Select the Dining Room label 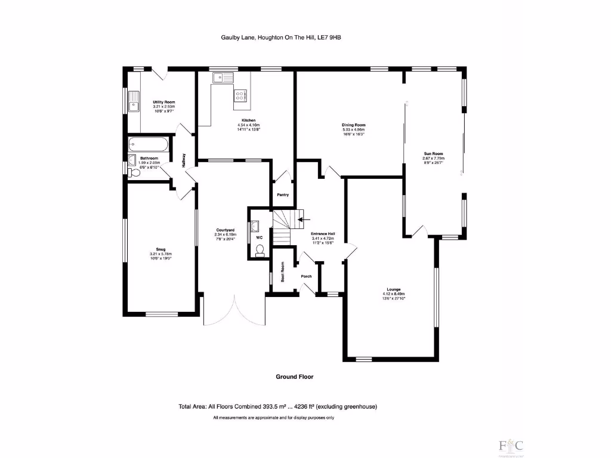[x=353, y=125]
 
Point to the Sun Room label [x=434, y=154]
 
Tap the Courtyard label [x=225, y=230]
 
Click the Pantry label [x=283, y=195]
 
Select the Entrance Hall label [x=323, y=234]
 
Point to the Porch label [x=306, y=276]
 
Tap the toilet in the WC [x=260, y=253]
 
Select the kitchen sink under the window [x=222, y=76]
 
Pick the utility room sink [x=135, y=97]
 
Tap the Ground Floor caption [x=294, y=377]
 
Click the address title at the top [x=281, y=38]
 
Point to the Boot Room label [x=283, y=273]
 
